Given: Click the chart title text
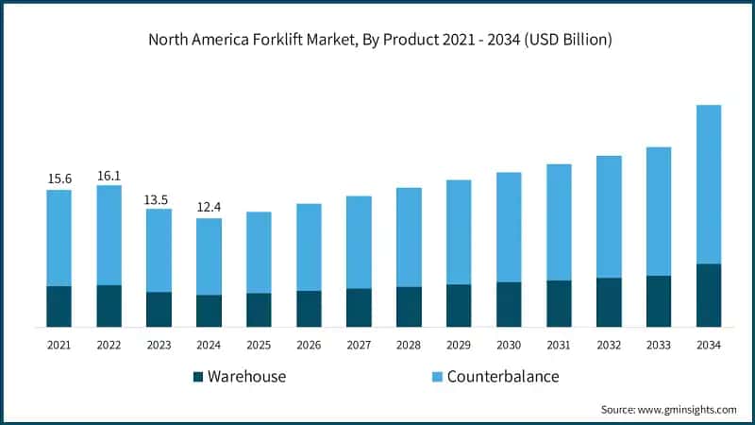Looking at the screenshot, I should pyautogui.click(x=377, y=41).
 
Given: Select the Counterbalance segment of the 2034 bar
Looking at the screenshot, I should pyautogui.click(x=709, y=184).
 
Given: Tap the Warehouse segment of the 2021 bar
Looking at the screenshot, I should pyautogui.click(x=59, y=306).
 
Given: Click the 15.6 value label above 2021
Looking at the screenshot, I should pyautogui.click(x=59, y=178).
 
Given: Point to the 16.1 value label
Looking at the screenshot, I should pyautogui.click(x=109, y=175).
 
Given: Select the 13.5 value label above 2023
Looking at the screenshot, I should pyautogui.click(x=159, y=198).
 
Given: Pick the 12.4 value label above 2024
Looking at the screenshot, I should pyautogui.click(x=209, y=208).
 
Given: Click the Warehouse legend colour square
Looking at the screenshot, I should pyautogui.click(x=198, y=377).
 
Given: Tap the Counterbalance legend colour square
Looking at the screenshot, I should pyautogui.click(x=437, y=377).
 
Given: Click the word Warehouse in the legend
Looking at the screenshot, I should pyautogui.click(x=246, y=377).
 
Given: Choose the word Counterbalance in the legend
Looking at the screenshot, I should pyautogui.click(x=503, y=377).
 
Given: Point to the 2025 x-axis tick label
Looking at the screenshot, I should pyautogui.click(x=259, y=346).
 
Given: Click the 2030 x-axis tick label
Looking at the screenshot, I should pyautogui.click(x=509, y=346).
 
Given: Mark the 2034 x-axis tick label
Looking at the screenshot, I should pyautogui.click(x=709, y=346).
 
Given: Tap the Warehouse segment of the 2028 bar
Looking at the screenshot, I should pyautogui.click(x=409, y=307).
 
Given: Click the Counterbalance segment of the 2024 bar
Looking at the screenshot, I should pyautogui.click(x=209, y=256).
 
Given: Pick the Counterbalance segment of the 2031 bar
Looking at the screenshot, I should pyautogui.click(x=559, y=222).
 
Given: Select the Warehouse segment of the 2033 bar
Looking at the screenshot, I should pyautogui.click(x=659, y=301).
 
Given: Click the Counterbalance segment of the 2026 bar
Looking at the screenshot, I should pyautogui.click(x=309, y=246).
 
